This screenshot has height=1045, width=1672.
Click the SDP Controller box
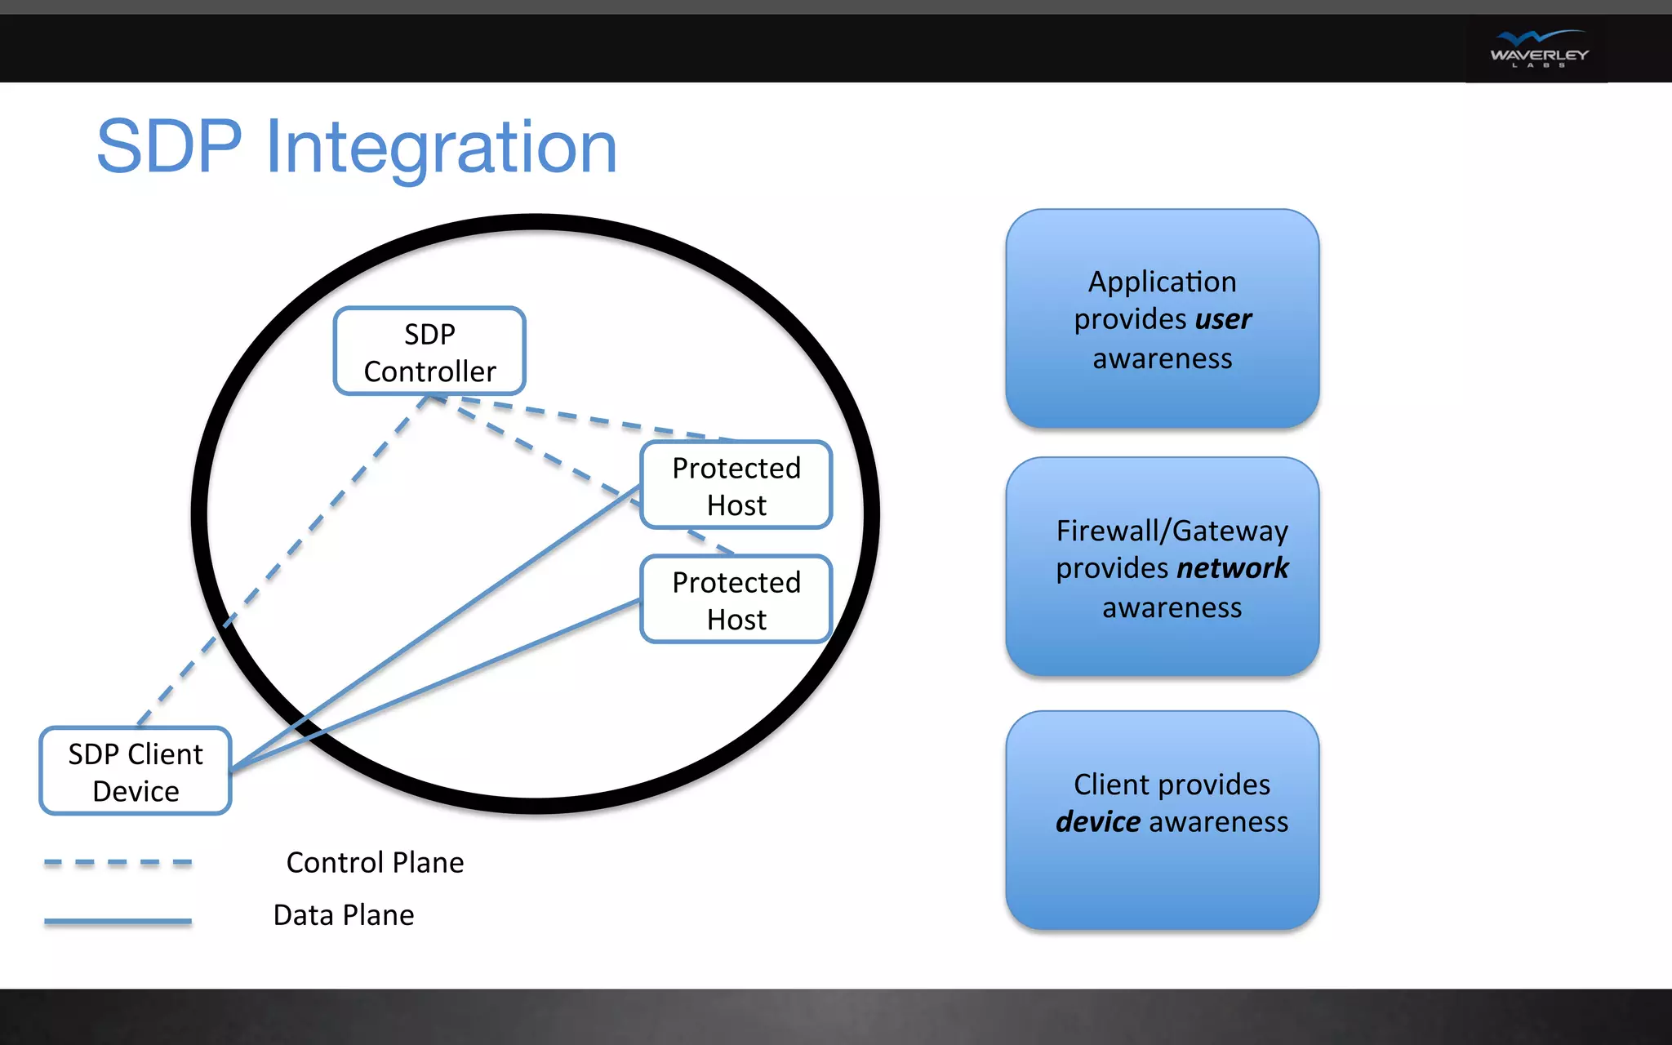tap(429, 351)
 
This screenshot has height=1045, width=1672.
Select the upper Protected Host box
tap(736, 485)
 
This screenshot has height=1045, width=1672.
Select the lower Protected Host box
tap(736, 599)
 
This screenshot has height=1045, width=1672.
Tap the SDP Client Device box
tap(136, 771)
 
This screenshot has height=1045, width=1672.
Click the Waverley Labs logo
tap(1538, 49)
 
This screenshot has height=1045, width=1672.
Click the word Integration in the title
tap(441, 149)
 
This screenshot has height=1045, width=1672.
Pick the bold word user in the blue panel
tap(1223, 319)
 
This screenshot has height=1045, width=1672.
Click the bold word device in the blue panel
tap(1097, 822)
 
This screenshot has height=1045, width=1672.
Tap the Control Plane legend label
tap(375, 863)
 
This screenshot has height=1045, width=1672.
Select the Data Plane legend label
tap(344, 915)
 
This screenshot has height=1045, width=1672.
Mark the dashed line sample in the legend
tap(118, 862)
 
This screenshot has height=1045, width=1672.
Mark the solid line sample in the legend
tap(118, 921)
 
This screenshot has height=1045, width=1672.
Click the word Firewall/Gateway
tap(1172, 531)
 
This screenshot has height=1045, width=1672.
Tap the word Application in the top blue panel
tap(1162, 282)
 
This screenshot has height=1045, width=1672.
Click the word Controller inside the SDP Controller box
tap(429, 372)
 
